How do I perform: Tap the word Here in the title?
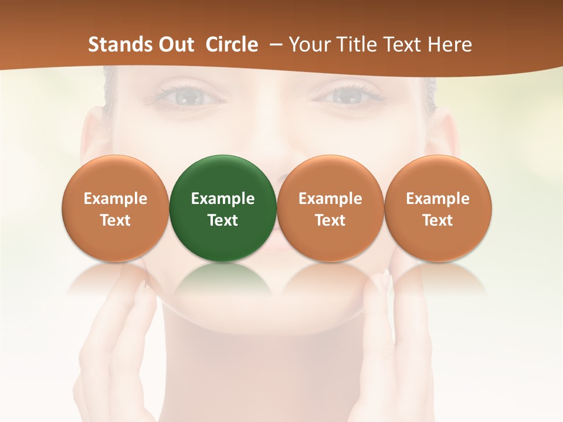pos(450,45)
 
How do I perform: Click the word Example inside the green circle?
pos(223,199)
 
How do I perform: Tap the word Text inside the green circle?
pos(223,220)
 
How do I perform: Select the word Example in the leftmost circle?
pos(116,199)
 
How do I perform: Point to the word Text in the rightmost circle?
pos(438,220)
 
